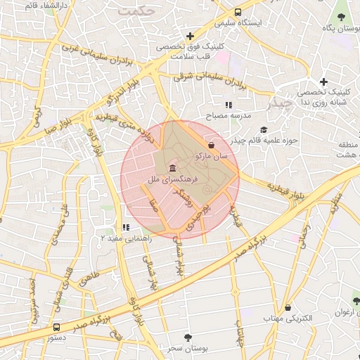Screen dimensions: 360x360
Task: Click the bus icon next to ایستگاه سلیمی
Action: coord(238,12)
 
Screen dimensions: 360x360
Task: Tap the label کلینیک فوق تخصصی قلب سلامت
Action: coord(190,50)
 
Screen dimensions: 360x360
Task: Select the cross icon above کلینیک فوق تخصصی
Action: coord(190,35)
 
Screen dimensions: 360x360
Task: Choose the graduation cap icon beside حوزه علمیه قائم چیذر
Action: coord(264,129)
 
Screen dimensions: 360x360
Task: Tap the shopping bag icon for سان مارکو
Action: coord(212,144)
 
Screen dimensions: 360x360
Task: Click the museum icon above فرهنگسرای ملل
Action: coord(173,168)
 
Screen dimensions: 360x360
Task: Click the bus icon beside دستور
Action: coord(57,327)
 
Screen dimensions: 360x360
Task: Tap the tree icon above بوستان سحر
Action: coord(186,337)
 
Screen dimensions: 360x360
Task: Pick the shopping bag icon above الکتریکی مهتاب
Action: coord(288,307)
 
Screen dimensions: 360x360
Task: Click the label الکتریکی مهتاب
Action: coord(288,319)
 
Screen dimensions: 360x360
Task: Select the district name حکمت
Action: coord(135,12)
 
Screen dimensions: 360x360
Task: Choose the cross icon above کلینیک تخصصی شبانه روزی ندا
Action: coord(323,82)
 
